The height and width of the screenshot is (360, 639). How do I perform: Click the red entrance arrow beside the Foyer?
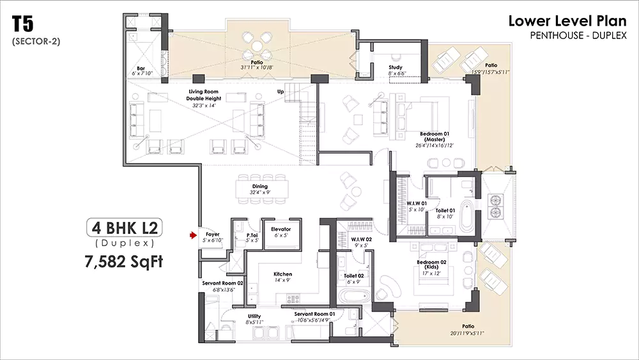(192, 236)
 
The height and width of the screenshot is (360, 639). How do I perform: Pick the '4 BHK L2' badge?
(124, 227)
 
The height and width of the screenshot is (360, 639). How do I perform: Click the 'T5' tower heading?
(23, 25)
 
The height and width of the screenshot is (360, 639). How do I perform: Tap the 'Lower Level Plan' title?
(567, 21)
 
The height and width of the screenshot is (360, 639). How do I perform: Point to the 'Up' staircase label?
(281, 91)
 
